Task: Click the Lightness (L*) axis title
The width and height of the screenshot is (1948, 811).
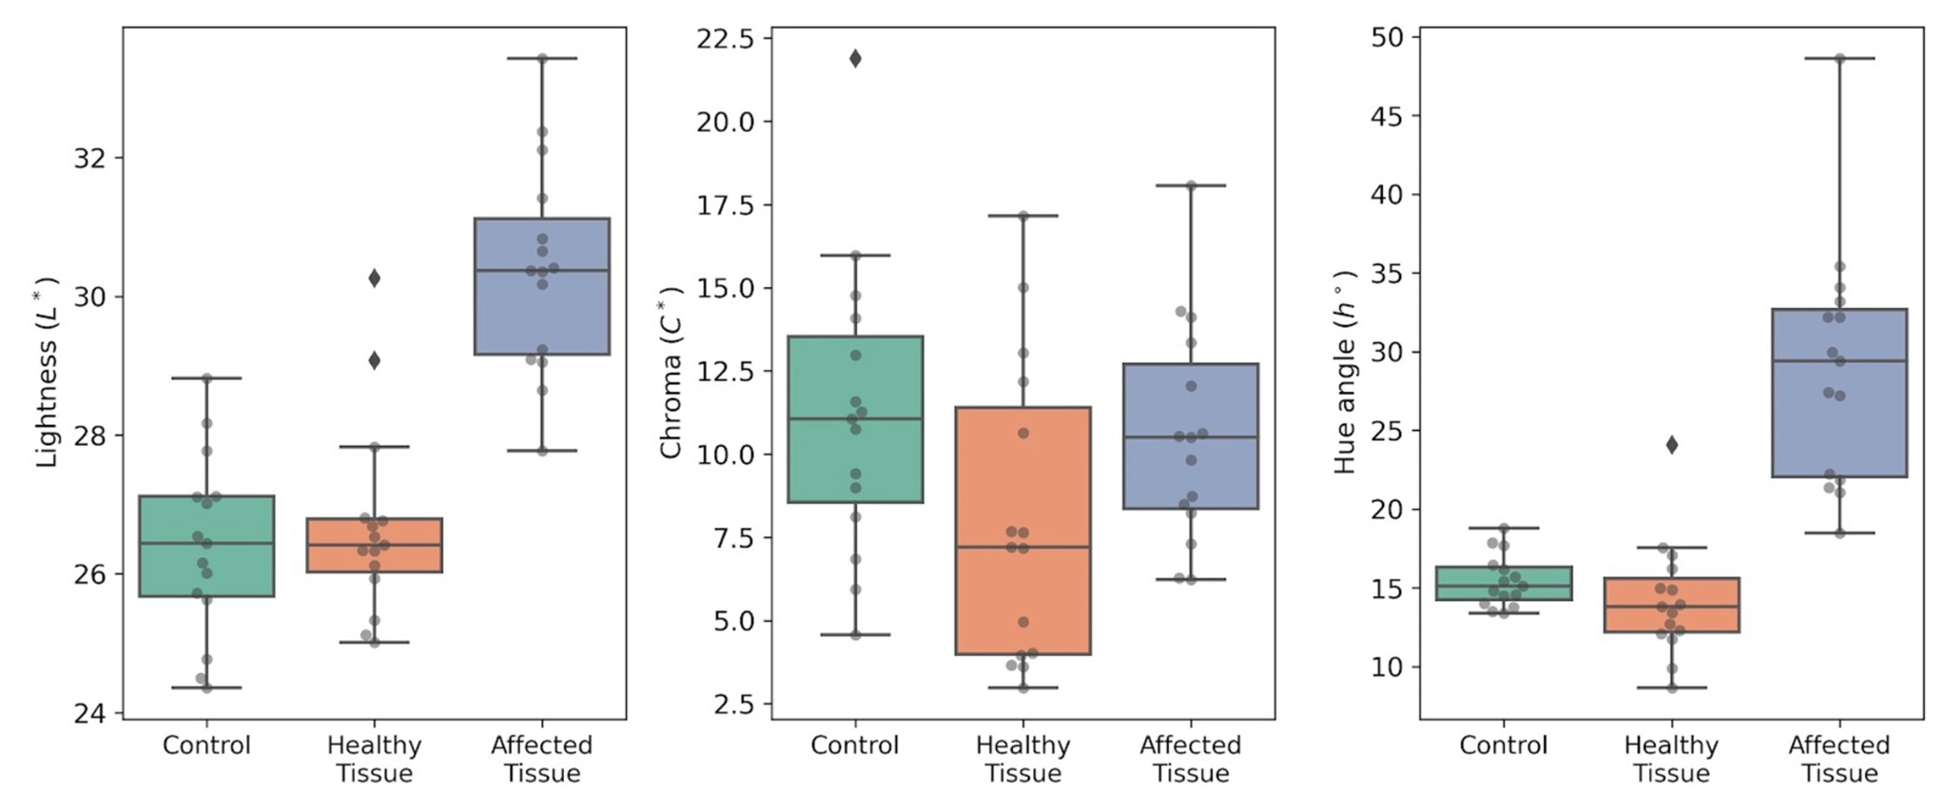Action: pyautogui.click(x=47, y=372)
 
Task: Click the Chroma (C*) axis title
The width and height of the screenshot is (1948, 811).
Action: pyautogui.click(x=671, y=372)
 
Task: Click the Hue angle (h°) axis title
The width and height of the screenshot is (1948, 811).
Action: pyautogui.click(x=1344, y=372)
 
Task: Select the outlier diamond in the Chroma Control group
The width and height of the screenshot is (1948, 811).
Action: pyautogui.click(x=855, y=59)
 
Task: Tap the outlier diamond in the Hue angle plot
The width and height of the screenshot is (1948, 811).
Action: pyautogui.click(x=1671, y=445)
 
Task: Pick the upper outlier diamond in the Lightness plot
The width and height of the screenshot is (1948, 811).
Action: pyautogui.click(x=374, y=279)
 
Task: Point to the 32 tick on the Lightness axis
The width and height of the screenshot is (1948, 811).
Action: pyautogui.click(x=89, y=158)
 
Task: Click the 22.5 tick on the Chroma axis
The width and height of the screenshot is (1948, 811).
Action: pyautogui.click(x=725, y=39)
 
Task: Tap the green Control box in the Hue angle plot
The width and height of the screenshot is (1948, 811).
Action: pyautogui.click(x=1504, y=583)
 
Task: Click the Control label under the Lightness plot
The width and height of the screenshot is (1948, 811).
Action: pyautogui.click(x=206, y=745)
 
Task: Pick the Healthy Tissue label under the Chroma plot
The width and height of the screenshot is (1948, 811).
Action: pyautogui.click(x=1023, y=759)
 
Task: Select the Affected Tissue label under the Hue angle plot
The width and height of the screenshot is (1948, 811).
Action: pyautogui.click(x=1839, y=759)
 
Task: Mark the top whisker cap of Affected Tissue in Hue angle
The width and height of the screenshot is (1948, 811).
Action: pyautogui.click(x=1839, y=59)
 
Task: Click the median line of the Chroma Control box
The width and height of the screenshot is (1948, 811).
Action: pyautogui.click(x=855, y=418)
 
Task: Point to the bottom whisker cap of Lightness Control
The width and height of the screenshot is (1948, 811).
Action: pyautogui.click(x=206, y=687)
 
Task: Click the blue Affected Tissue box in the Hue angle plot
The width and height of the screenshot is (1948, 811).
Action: pyautogui.click(x=1839, y=393)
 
